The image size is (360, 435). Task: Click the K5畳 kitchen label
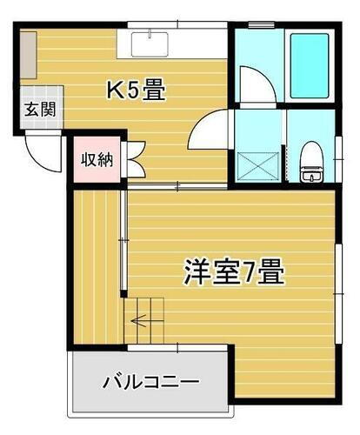pos(137,90)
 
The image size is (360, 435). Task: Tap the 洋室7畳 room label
pos(233,272)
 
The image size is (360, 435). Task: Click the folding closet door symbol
pos(134,160)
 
